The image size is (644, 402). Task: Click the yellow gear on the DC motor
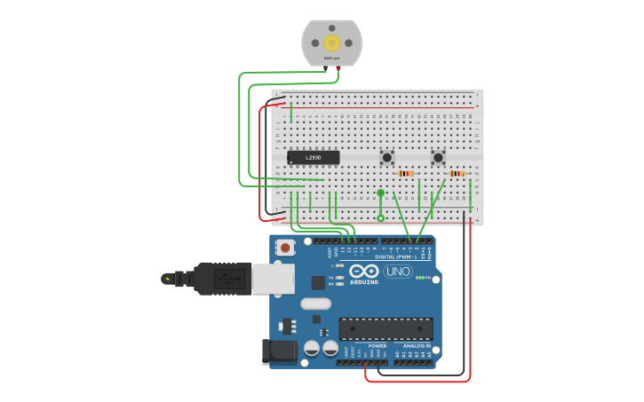point(332,43)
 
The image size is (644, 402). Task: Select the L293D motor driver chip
point(313,158)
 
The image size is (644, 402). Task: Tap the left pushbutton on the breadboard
point(387,158)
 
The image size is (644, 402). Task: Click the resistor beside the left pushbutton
point(407,174)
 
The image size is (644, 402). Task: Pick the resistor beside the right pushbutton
point(457,174)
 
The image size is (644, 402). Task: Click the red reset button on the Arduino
point(286,248)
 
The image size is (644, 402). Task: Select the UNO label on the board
point(398,272)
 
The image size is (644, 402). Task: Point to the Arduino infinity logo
point(363,271)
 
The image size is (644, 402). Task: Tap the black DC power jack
point(280,351)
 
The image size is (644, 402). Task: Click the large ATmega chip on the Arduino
point(386,328)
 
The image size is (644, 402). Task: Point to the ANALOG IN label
point(416,346)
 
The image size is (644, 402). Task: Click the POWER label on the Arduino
point(364,346)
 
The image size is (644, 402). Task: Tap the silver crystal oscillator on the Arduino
point(315,303)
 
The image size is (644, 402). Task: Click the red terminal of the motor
point(338,68)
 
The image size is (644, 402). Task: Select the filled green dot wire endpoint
point(380,193)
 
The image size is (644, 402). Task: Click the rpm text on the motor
point(332,59)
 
